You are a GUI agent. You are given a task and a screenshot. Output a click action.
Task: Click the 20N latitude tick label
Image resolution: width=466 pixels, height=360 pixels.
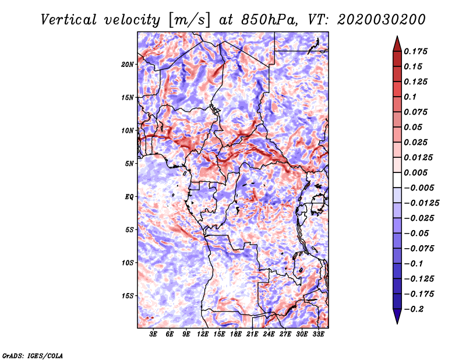tap(128, 64)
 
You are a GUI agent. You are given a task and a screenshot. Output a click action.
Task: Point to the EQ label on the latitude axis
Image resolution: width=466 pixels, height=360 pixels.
tap(129, 197)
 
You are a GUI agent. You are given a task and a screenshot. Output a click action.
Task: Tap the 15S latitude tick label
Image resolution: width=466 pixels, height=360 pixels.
tap(128, 296)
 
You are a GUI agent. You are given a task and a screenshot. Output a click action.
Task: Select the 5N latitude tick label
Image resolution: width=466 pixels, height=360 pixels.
tap(129, 164)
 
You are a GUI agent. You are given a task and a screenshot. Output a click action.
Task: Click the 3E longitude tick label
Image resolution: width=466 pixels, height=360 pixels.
tap(154, 335)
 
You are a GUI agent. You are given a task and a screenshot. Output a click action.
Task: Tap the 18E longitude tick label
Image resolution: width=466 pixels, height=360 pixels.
tap(235, 335)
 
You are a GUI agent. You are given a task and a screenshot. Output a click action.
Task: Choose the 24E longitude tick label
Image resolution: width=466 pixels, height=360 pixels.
tap(269, 335)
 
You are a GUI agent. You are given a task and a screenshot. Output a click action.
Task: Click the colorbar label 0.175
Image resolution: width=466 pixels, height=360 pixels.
tap(416, 51)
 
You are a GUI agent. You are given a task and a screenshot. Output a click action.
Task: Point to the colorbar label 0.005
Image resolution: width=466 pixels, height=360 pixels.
tap(416, 172)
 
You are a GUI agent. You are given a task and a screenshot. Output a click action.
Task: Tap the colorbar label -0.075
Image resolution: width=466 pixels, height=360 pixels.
tap(422, 248)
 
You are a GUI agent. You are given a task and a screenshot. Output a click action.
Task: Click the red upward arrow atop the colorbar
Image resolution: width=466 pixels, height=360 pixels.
tap(396, 43)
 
